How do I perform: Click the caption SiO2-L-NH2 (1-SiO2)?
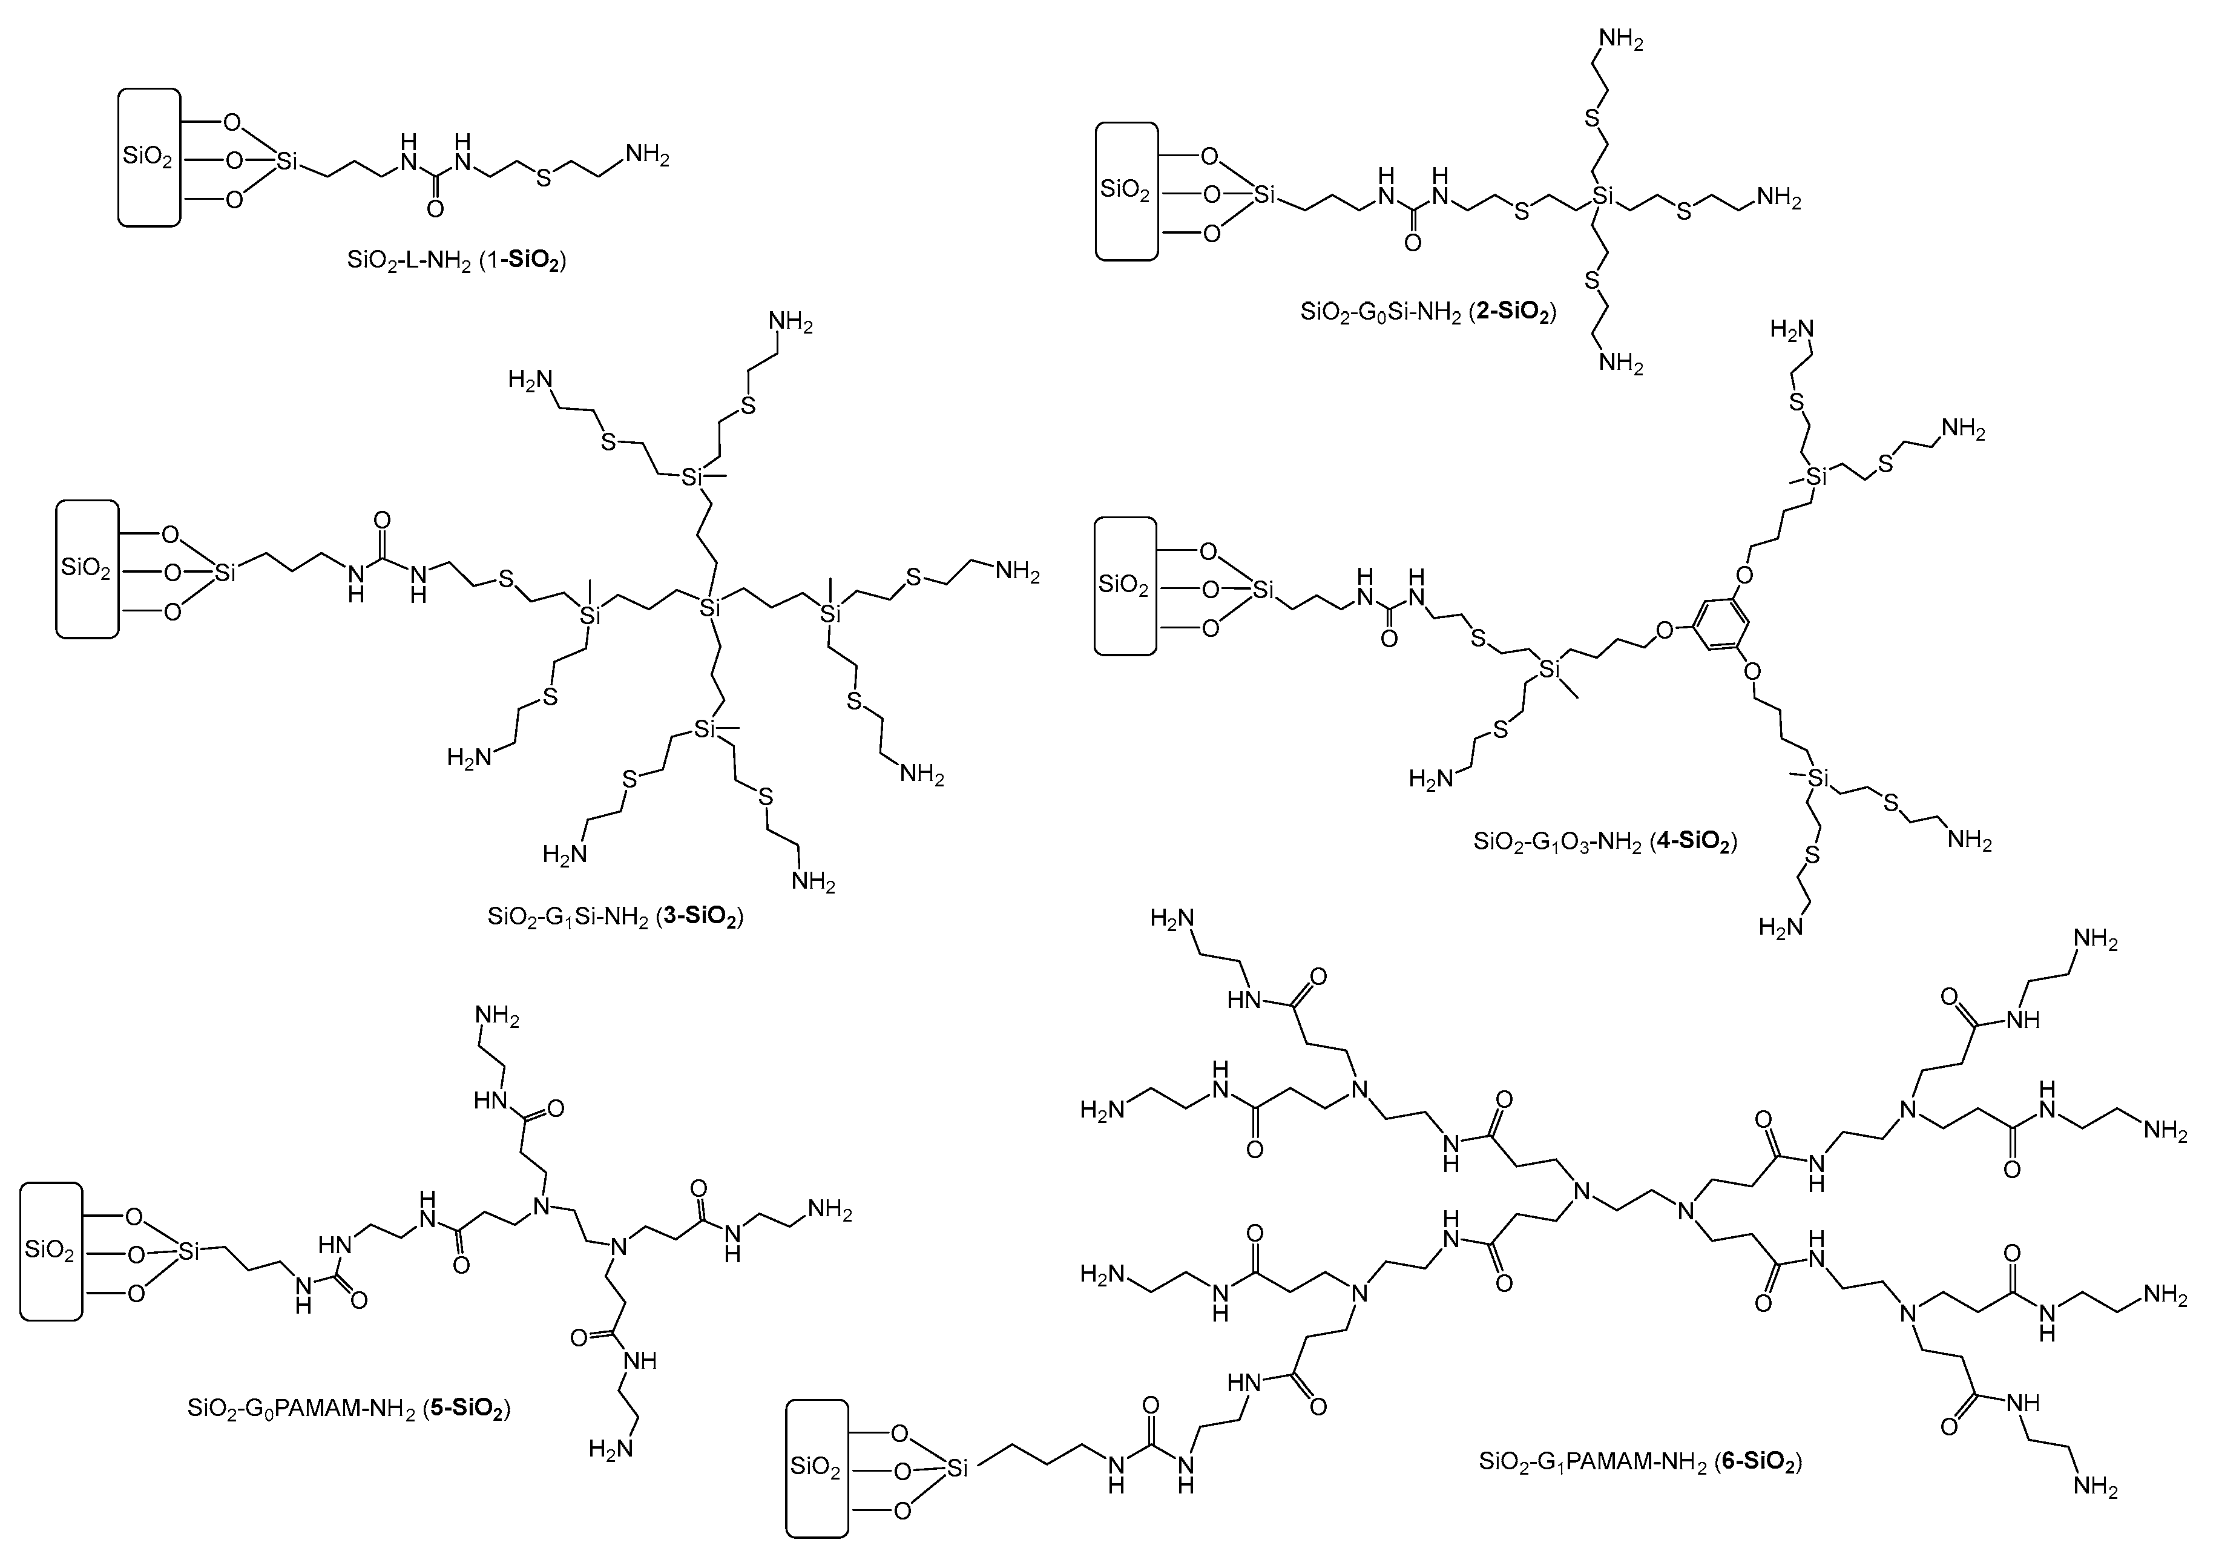coord(456,261)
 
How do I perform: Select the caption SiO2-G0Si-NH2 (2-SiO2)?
coord(1428,312)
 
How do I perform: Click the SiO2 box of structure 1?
coord(149,157)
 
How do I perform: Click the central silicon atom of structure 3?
coord(711,608)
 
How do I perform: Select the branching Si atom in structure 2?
coord(1603,197)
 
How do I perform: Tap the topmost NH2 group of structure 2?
coord(1621,39)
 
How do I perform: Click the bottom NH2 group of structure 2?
coord(1621,363)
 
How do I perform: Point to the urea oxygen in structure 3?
coord(382,522)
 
